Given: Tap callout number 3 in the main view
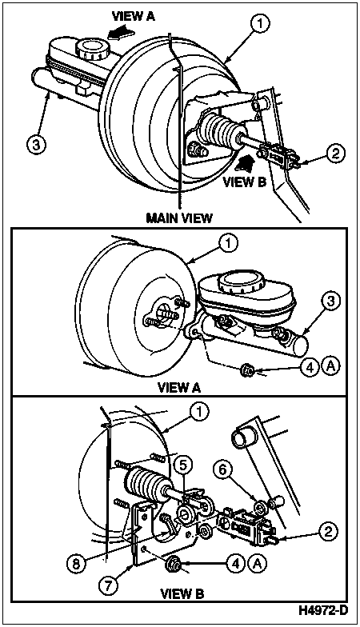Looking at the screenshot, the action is pos(35,144).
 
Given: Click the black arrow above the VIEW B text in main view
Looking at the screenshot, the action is pos(246,165).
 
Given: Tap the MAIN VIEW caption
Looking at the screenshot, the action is pos(179,218).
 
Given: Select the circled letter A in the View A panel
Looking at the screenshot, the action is pos(331,365).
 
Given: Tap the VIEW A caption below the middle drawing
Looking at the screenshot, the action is pos(179,387).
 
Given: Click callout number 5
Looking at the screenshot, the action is pos(182,465).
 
